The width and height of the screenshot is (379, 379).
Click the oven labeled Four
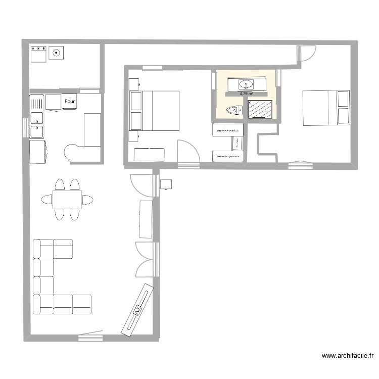69,102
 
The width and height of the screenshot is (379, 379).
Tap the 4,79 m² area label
246,93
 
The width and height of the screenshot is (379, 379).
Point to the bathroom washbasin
246,83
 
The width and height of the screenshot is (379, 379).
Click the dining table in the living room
67,199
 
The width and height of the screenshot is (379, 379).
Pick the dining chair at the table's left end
47,199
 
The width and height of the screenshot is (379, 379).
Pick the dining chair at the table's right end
87,199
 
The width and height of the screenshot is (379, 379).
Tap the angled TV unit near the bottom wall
137,309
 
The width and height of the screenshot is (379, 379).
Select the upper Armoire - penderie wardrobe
228,130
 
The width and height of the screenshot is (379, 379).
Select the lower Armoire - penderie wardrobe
227,156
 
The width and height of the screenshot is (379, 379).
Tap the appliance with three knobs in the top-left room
38,53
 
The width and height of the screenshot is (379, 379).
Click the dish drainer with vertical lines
36,103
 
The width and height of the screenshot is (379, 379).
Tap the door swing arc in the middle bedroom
188,151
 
